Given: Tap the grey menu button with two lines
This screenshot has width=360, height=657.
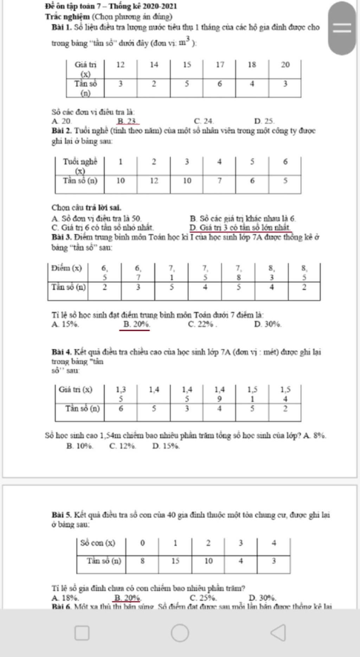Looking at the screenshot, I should click(342, 28).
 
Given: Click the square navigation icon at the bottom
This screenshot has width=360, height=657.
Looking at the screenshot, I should click(82, 633).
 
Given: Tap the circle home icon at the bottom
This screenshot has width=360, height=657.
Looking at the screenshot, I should click(180, 633).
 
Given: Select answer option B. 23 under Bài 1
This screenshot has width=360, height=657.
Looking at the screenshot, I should click(128, 121).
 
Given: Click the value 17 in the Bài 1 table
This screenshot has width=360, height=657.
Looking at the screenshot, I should click(220, 65).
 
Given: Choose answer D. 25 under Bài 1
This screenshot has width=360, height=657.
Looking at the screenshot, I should click(264, 121).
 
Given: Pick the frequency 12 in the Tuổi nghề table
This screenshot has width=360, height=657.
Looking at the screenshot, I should click(154, 181).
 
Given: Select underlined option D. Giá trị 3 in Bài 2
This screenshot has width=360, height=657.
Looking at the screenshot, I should click(240, 228).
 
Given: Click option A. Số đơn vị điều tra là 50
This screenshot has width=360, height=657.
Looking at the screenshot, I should click(97, 219).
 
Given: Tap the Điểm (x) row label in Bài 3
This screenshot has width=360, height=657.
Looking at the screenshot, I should click(66, 269).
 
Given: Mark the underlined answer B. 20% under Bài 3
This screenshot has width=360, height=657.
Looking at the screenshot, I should click(136, 324).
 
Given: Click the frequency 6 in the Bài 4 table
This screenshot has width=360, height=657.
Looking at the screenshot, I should click(121, 408).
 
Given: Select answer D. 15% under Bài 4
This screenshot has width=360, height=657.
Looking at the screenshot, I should click(166, 446).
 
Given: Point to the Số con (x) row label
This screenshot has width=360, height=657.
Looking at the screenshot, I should click(97, 543).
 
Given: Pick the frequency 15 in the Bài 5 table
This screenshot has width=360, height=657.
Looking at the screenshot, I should click(175, 561).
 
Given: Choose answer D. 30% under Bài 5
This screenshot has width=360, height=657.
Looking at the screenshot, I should click(262, 598).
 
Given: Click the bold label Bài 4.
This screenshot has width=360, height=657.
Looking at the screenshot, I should click(62, 352).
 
